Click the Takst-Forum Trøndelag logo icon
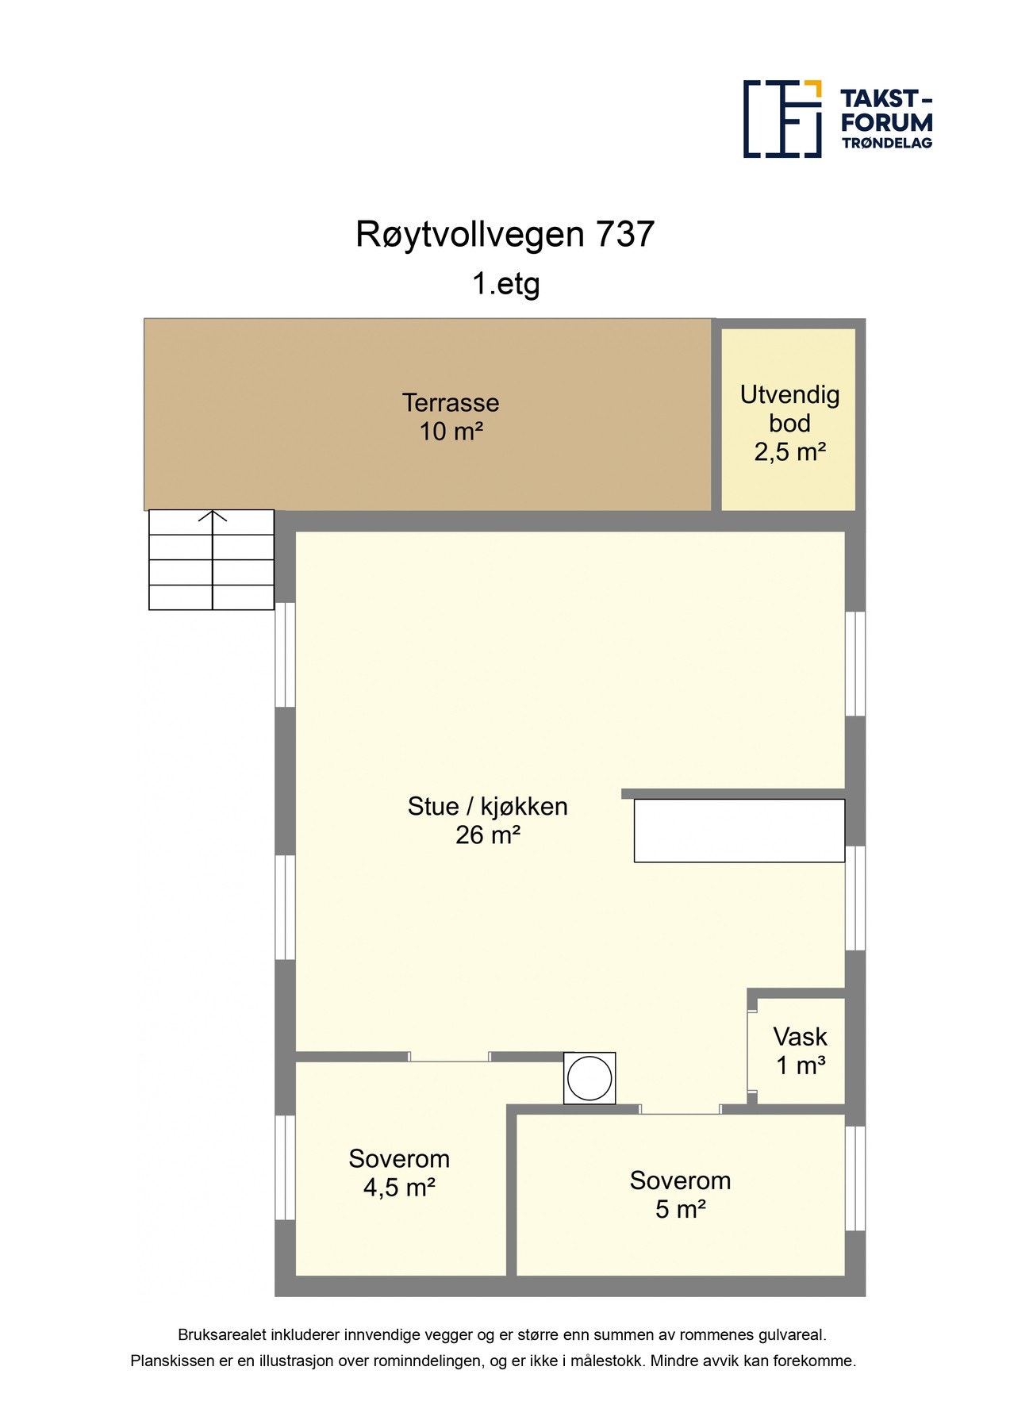[x=782, y=119]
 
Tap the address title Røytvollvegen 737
[x=505, y=234]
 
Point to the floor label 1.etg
[x=505, y=283]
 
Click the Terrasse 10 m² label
[x=451, y=416]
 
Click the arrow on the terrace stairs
[x=213, y=518]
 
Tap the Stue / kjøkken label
[x=487, y=806]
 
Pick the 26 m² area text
[x=487, y=835]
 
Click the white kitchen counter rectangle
[x=739, y=831]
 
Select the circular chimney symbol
[x=589, y=1078]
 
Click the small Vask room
[x=800, y=1050]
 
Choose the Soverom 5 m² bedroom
[x=680, y=1194]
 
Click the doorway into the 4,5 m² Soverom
[x=449, y=1057]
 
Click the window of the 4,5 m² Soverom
[x=285, y=1167]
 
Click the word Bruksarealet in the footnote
[x=222, y=1335]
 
